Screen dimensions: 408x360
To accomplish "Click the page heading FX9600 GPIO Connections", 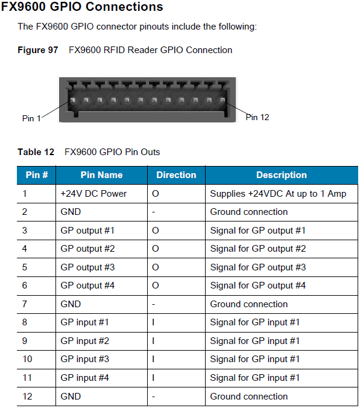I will coord(82,7).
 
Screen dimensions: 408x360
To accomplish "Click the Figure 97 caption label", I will coord(37,50).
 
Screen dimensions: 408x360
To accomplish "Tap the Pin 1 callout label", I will coord(31,118).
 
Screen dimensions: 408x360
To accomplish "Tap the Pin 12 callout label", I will coord(257,117).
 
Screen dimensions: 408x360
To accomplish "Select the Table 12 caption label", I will coord(36,152).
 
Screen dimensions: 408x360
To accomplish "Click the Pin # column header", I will coord(36,175).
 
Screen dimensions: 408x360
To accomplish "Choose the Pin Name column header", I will coord(101,175).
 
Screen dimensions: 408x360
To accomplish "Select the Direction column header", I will coord(176,175).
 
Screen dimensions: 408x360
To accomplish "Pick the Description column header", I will coord(281,175).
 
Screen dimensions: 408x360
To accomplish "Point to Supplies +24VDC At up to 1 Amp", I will coord(278,194).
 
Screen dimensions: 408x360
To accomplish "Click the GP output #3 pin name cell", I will coord(87,267).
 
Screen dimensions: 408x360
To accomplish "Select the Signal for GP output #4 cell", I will coord(257,285).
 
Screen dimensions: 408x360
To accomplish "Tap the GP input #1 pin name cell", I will coord(85,322).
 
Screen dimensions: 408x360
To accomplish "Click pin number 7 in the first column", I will coord(25,304).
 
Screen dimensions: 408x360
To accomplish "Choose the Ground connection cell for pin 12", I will coord(248,397).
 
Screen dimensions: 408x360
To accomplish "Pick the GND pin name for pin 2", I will coord(71,212).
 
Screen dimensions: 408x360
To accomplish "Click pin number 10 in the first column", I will coord(27,360).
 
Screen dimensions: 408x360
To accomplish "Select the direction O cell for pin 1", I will coord(155,194).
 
